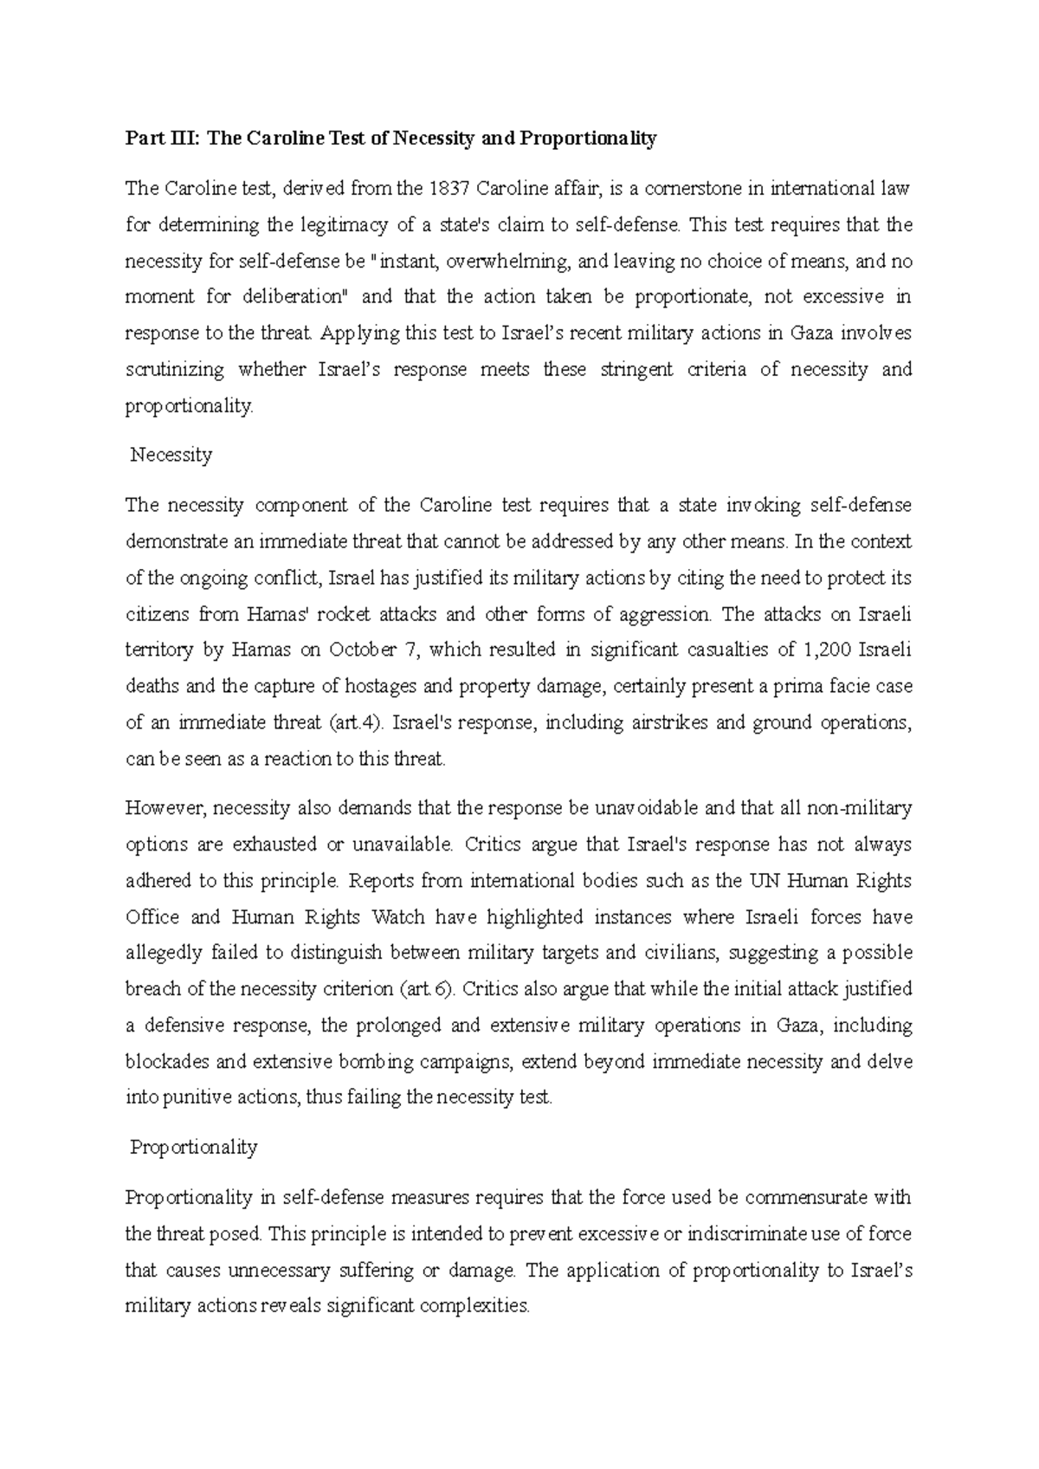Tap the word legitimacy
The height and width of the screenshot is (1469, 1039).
pos(345,225)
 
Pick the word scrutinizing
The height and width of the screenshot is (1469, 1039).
pos(176,370)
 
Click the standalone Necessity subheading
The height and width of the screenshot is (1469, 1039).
pos(171,455)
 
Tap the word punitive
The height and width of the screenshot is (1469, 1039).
pos(193,1097)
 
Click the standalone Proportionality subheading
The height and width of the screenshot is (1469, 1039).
pos(193,1148)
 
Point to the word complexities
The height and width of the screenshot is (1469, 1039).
pos(473,1306)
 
